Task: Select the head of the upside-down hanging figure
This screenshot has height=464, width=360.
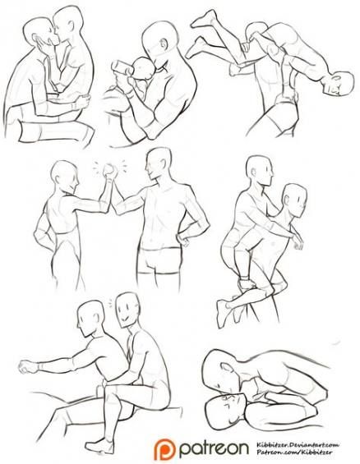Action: (x=333, y=84)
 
